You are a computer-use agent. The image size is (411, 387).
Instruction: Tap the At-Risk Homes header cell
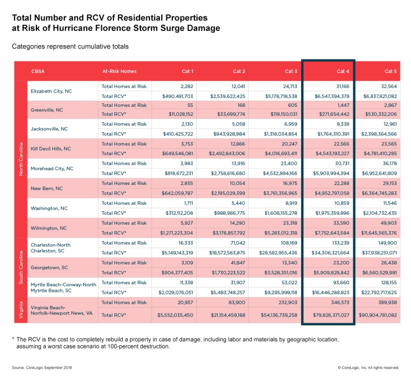[x=119, y=71]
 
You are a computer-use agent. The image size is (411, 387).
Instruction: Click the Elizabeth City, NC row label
[x=52, y=91]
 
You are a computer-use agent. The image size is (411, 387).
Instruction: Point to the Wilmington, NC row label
[x=49, y=228]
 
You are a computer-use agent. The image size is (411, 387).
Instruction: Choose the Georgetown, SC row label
[x=49, y=267]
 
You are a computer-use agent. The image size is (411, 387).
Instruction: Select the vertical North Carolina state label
[x=21, y=158]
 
